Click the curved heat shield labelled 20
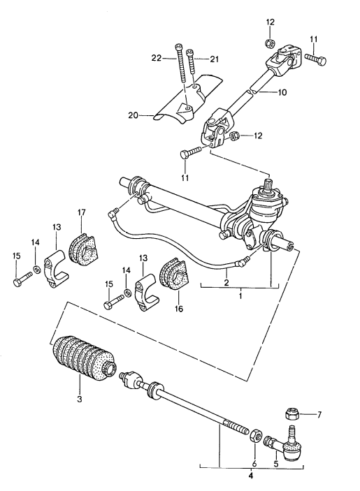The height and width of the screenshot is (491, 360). tap(185, 102)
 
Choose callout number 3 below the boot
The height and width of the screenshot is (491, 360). tap(79, 400)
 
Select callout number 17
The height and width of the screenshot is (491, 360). tap(81, 213)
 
